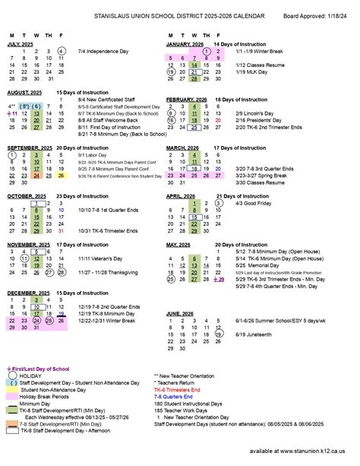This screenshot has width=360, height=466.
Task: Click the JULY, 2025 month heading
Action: pyautogui.click(x=22, y=44)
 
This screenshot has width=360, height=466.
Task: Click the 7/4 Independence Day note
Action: pyautogui.click(x=105, y=51)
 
